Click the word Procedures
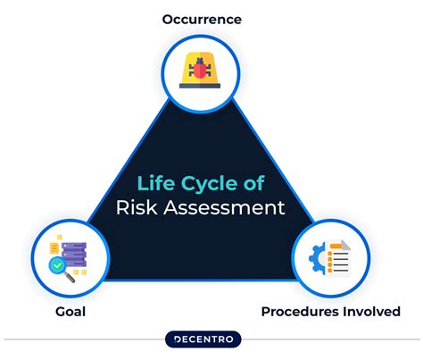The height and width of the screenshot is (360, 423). coord(303,311)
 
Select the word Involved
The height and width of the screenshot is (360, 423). coord(372,311)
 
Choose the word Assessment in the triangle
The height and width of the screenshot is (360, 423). coord(230,208)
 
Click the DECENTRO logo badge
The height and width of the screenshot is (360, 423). coord(211,341)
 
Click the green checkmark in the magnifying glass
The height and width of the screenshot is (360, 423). coord(60,264)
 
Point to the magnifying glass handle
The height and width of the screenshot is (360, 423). coord(70,275)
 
